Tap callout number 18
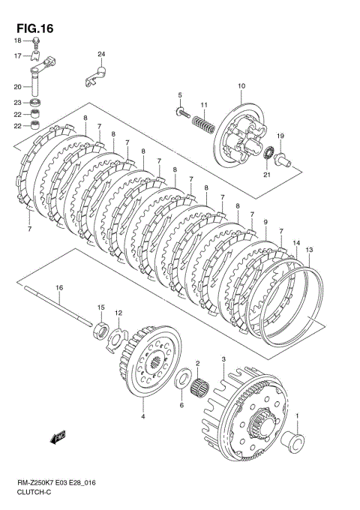pyautogui.click(x=17, y=40)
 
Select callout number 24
pyautogui.click(x=101, y=54)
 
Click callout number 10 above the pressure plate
pyautogui.click(x=241, y=87)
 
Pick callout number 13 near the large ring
pyautogui.click(x=309, y=248)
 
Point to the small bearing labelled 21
pyautogui.click(x=266, y=153)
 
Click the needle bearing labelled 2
pyautogui.click(x=199, y=388)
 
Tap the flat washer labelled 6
pyautogui.click(x=181, y=385)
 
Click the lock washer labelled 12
pyautogui.click(x=117, y=336)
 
